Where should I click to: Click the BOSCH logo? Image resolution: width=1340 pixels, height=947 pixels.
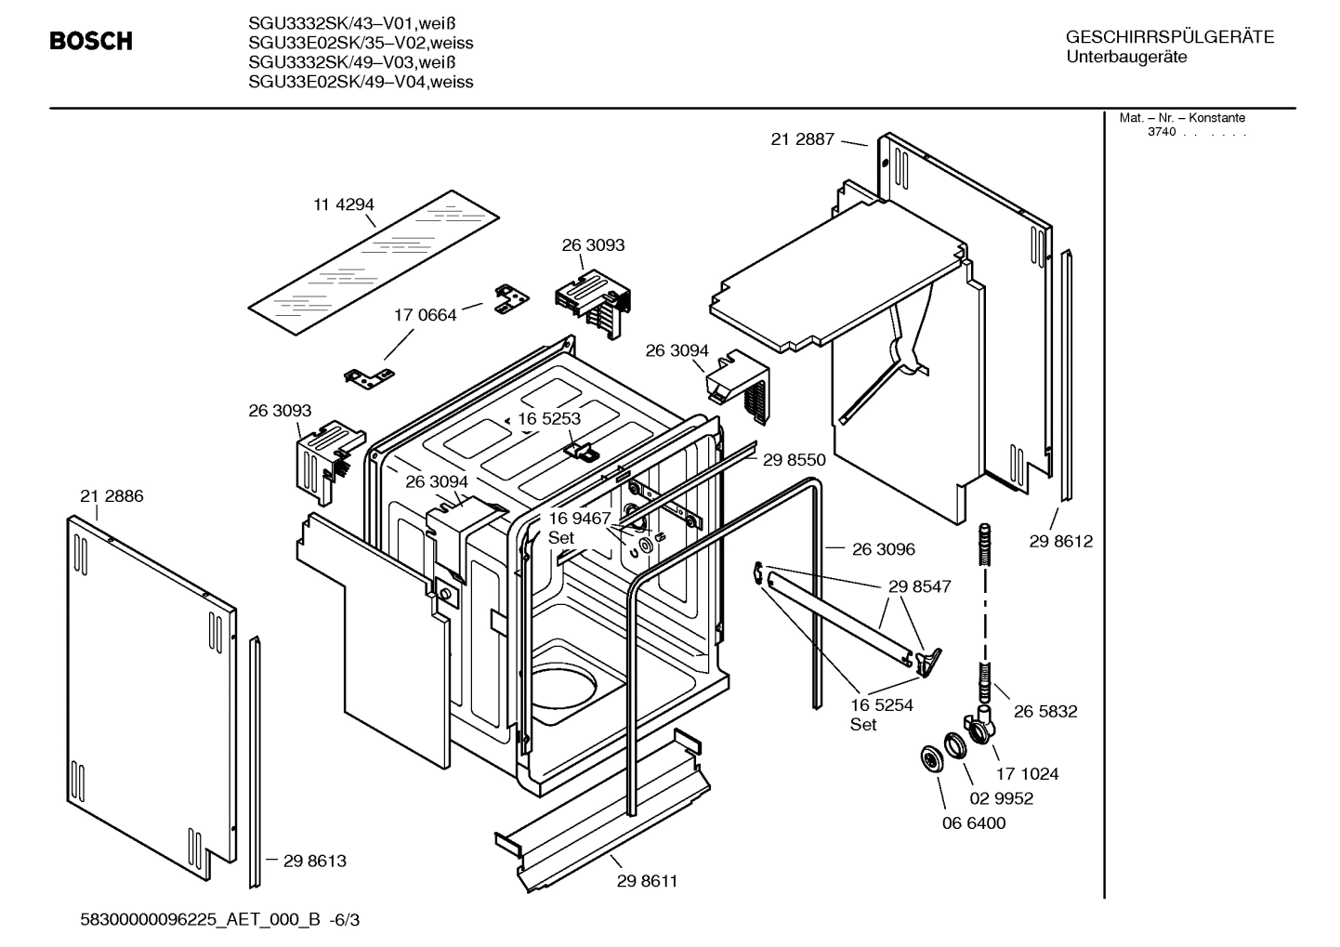coord(90,41)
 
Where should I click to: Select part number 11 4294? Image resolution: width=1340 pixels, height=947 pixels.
coord(343,204)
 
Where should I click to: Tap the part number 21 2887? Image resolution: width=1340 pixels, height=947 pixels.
coord(803,139)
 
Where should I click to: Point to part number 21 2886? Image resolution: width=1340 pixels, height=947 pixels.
coord(112,496)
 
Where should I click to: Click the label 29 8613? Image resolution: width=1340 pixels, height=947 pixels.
coord(314,861)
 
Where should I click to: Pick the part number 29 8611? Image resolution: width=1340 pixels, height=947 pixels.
coord(647,881)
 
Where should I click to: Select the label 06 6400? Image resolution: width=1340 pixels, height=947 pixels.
coord(973,822)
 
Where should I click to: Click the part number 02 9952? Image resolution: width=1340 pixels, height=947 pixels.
coord(1002,798)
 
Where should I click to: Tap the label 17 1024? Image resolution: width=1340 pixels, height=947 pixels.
coord(1027,773)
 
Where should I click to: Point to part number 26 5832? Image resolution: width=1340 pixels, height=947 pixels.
coord(1045,711)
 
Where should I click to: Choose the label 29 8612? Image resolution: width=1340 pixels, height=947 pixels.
coord(1060,541)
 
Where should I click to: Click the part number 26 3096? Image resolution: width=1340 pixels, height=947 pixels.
coord(883,549)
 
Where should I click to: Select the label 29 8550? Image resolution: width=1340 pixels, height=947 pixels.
coord(794,459)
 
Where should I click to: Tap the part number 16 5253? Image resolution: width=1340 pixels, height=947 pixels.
coord(549,418)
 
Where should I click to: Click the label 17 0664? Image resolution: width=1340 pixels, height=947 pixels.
coord(426,315)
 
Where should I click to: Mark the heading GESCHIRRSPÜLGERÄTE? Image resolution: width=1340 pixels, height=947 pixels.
coord(1169,37)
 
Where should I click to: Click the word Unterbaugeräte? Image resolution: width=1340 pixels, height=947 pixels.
coord(1125,58)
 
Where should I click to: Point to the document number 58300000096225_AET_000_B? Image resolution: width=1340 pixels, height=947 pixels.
coord(202,920)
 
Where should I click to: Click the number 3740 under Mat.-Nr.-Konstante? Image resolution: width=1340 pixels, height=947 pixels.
coord(1162,132)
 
